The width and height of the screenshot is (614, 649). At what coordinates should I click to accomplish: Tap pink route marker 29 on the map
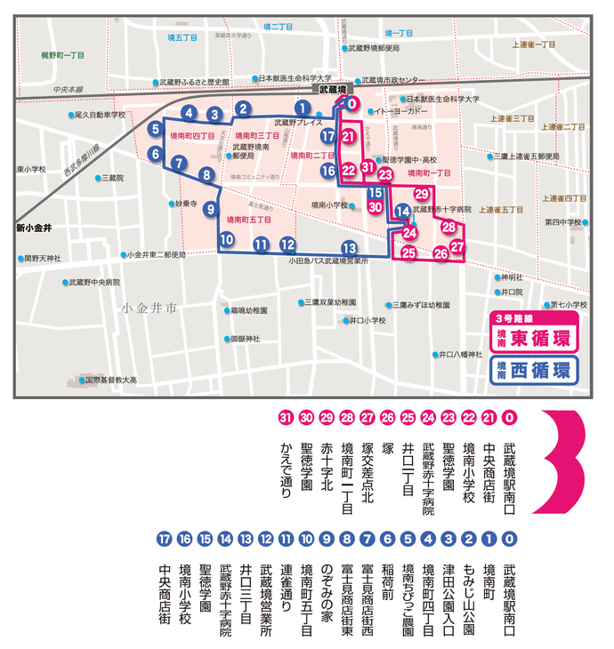(x=422, y=195)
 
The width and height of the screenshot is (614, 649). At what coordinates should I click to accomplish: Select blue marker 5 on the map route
(x=156, y=129)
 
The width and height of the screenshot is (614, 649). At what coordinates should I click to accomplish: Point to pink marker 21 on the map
(x=349, y=136)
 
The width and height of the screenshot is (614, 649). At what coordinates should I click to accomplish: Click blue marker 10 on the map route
(x=227, y=238)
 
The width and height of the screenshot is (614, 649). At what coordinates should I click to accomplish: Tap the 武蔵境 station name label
(x=336, y=89)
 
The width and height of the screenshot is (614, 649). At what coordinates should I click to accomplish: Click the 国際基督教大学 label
(x=110, y=380)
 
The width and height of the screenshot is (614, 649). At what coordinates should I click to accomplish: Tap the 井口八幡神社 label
(x=464, y=354)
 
